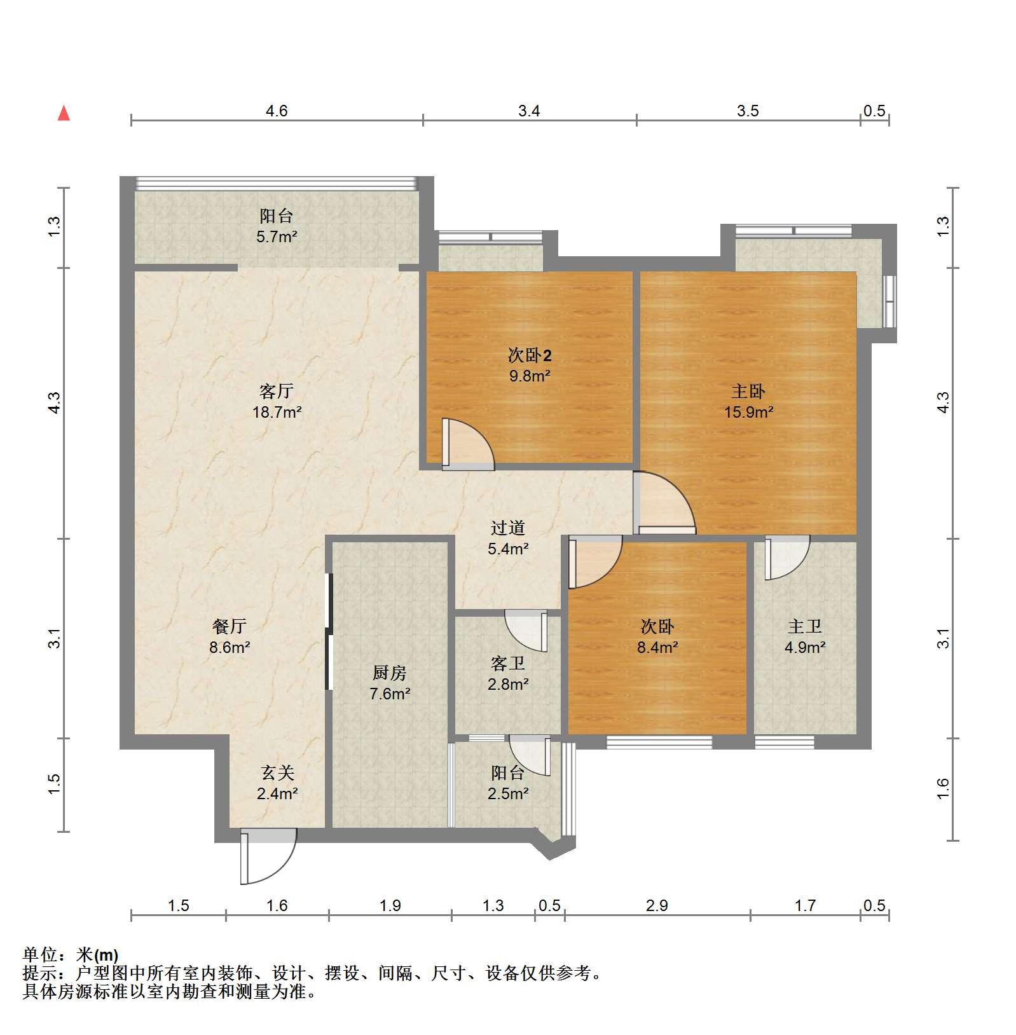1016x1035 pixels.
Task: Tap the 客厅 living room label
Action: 277,390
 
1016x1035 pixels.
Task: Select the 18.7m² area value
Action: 277,412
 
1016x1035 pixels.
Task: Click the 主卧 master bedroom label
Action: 748,390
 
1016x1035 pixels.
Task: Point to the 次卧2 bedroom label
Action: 529,354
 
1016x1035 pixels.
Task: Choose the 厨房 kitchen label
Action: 389,672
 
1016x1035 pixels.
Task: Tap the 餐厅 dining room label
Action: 230,626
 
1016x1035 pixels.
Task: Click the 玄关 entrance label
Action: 277,772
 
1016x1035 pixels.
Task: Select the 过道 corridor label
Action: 507,527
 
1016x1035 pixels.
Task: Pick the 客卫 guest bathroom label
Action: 507,663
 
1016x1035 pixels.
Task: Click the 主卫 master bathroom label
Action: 805,626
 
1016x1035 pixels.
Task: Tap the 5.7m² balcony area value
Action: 277,236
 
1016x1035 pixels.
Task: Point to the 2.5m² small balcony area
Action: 508,793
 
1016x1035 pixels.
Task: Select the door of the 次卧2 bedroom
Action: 467,444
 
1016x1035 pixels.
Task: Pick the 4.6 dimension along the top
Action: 277,111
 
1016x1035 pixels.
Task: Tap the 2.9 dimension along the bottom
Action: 657,905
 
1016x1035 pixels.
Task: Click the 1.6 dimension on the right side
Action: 943,789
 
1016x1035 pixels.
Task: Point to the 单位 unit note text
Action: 71,954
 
